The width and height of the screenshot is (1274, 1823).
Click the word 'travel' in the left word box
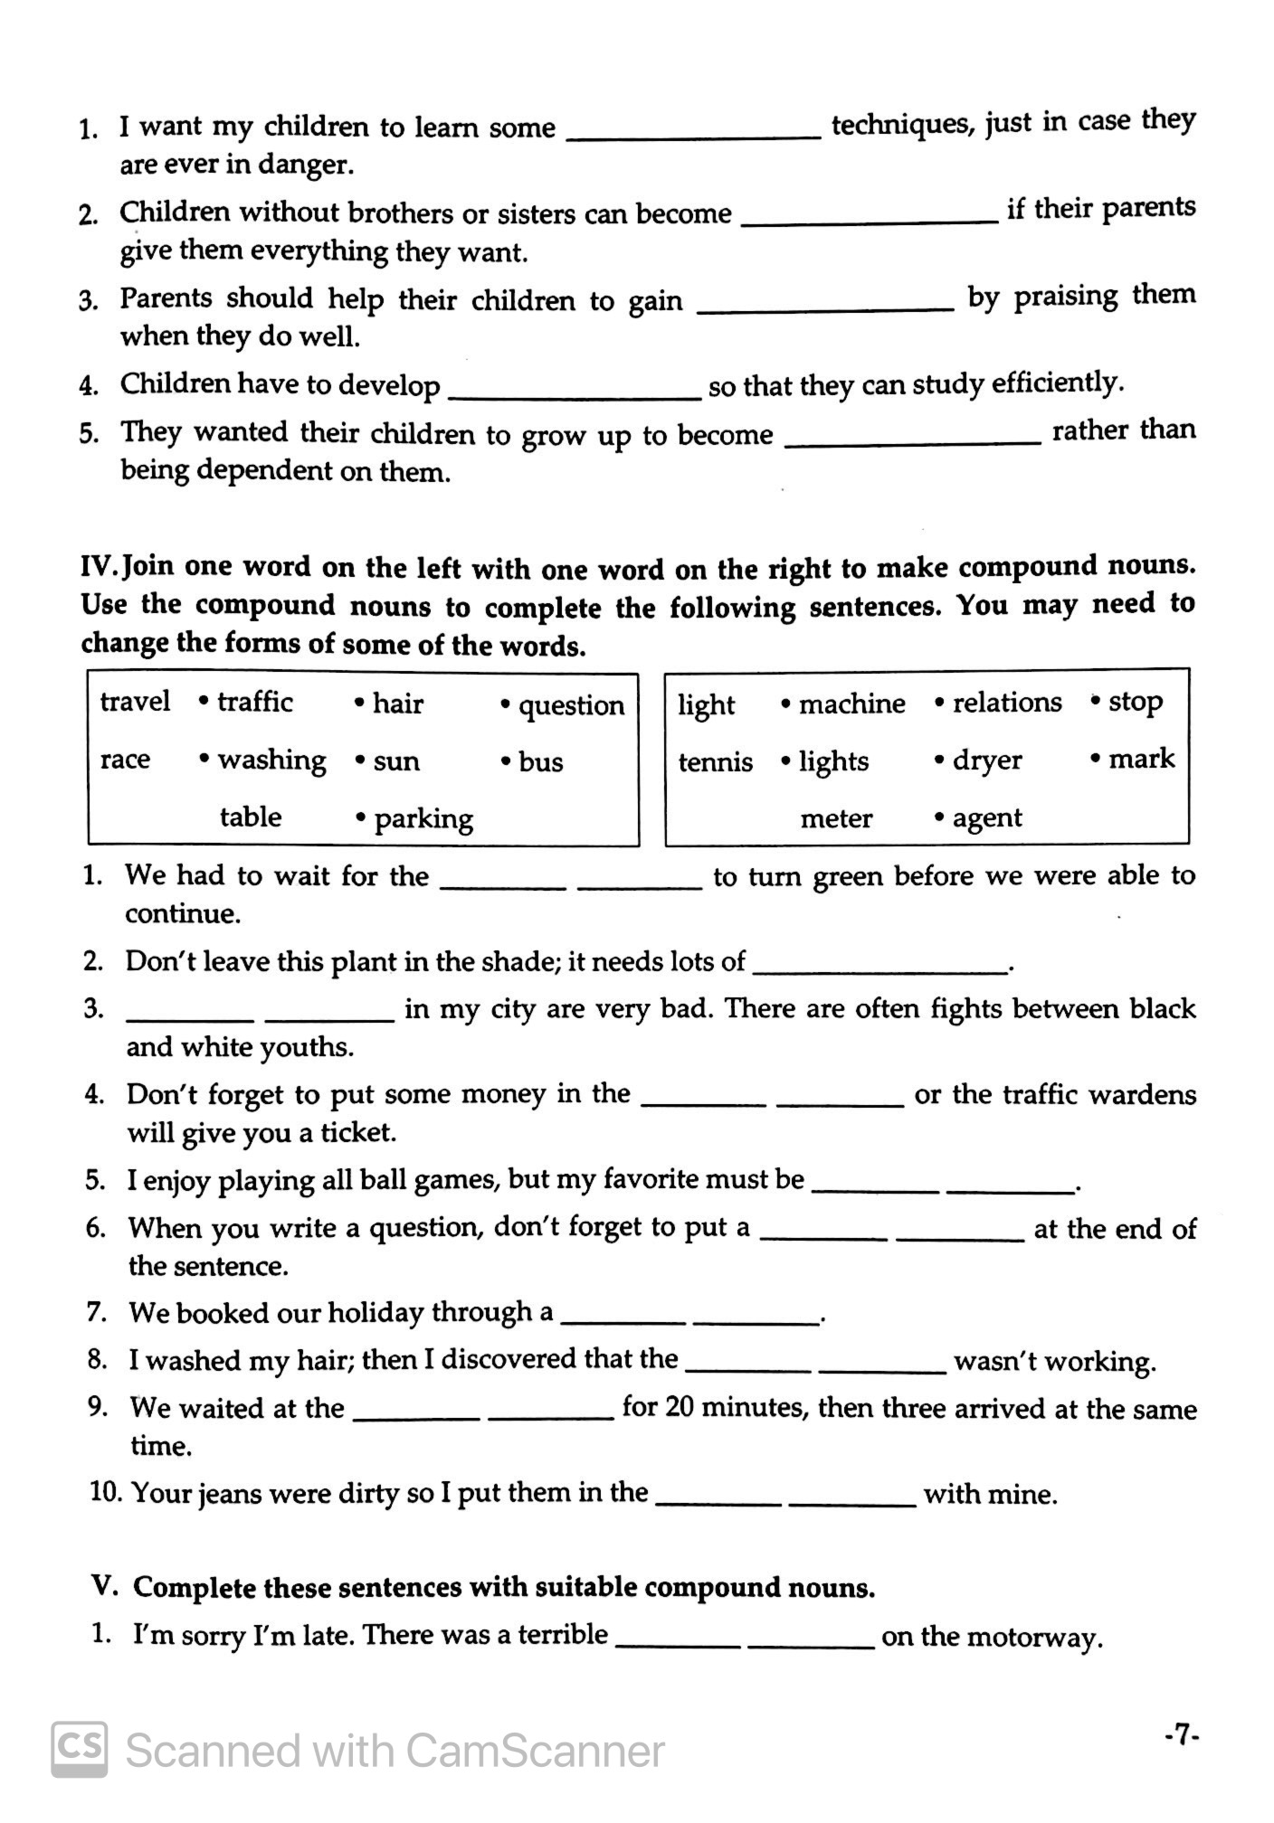coord(135,702)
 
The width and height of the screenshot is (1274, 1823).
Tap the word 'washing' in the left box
coord(271,760)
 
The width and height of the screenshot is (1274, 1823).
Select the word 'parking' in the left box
coord(423,819)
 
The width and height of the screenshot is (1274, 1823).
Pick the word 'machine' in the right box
coord(851,704)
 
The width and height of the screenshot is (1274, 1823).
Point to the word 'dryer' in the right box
coord(987,760)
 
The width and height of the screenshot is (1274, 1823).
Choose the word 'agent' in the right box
coord(987,818)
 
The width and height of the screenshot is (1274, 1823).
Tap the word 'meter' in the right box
coord(836,819)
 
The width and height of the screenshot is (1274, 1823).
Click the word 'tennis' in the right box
coord(716,762)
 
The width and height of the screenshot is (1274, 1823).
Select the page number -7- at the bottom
coord(1182,1735)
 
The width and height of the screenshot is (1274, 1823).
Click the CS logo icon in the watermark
coord(80,1749)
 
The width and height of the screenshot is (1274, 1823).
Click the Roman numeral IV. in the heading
coord(100,567)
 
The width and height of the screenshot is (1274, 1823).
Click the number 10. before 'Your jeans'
coord(106,1492)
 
